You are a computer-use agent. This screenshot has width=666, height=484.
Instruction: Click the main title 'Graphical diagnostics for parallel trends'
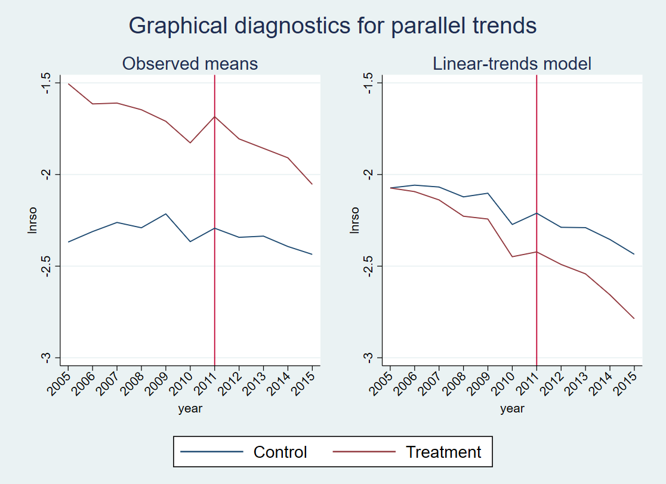click(332, 26)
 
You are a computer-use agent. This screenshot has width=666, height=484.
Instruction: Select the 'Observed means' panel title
click(190, 63)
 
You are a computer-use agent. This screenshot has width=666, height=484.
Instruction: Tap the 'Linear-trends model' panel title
click(512, 63)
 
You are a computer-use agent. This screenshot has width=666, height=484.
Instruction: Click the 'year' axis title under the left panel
click(190, 409)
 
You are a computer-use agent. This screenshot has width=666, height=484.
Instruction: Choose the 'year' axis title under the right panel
click(512, 409)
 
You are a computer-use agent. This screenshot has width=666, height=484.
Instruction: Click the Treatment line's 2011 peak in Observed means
click(214, 116)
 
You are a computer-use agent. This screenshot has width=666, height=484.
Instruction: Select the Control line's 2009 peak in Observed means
click(166, 213)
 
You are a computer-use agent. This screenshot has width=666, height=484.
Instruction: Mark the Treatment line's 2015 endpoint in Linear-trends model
click(634, 318)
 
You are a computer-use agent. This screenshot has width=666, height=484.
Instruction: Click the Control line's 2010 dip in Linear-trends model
click(512, 224)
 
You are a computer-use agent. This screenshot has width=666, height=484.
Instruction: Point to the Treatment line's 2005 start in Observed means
click(68, 83)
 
